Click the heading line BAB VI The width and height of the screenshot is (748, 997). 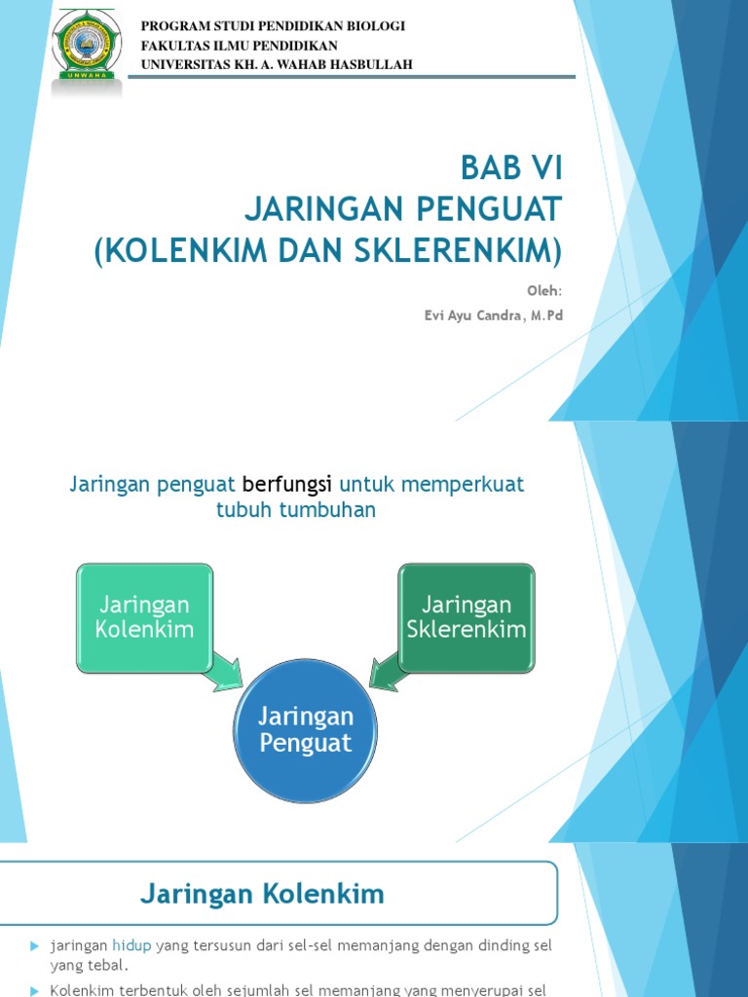click(x=510, y=168)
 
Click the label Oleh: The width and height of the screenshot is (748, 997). click(x=545, y=290)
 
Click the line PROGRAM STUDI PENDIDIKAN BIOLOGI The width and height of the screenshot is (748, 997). click(x=274, y=25)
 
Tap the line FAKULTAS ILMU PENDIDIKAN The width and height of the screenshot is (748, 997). click(x=240, y=45)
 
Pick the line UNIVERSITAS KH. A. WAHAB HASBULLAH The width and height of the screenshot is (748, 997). click(x=278, y=64)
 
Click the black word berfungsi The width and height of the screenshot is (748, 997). click(x=287, y=484)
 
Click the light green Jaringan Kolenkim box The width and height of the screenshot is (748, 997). click(x=144, y=617)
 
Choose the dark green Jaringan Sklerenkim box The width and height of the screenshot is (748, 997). click(x=467, y=617)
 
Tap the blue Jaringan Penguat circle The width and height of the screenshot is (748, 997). click(x=305, y=729)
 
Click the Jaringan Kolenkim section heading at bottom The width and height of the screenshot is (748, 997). click(x=262, y=893)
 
